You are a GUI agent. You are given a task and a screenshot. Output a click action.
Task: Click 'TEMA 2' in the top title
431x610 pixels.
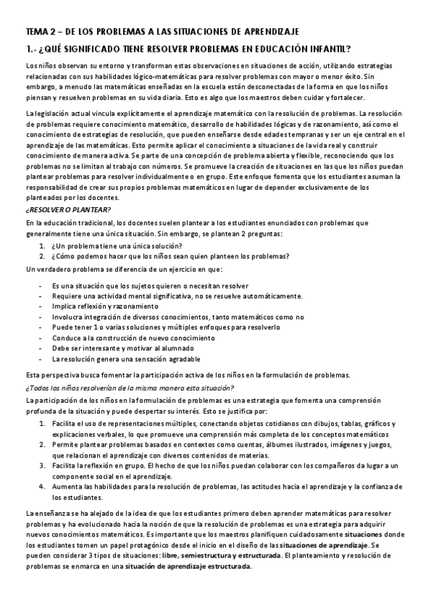coord(42,32)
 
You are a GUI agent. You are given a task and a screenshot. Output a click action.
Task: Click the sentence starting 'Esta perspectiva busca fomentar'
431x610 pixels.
coord(187,374)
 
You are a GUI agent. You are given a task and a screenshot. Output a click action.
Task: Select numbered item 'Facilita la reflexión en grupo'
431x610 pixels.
coord(216,466)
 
